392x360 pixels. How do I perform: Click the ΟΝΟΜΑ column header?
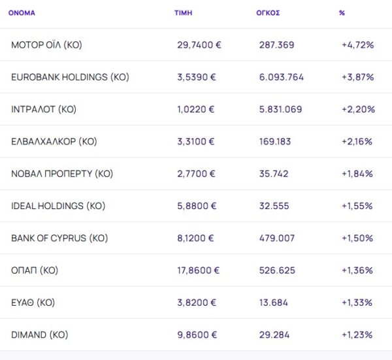pos(22,13)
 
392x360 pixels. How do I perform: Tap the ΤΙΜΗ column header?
pos(184,13)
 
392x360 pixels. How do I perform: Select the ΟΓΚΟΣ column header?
pos(268,13)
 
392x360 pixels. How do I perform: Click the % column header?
pos(342,13)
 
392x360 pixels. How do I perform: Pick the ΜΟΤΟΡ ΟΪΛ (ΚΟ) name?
pos(46,45)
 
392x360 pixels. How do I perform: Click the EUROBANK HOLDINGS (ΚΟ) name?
pos(70,77)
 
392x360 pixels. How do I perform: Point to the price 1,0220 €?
pos(196,109)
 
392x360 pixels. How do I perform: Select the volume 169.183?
pos(275,141)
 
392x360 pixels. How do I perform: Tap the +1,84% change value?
pos(357,174)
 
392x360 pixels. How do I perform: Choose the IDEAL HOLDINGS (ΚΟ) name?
pos(58,206)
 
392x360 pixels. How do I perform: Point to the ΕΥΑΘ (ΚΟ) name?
pos(33,303)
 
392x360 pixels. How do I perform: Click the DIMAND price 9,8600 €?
pos(197,335)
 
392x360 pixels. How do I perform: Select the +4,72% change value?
pos(357,45)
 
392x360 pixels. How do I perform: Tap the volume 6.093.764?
pos(281,77)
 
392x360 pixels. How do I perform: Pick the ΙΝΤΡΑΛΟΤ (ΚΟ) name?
pos(44,109)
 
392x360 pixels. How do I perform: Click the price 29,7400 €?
pos(199,45)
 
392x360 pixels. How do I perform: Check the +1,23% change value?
pos(357,335)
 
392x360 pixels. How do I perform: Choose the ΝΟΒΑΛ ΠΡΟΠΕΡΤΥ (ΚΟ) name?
pos(62,174)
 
